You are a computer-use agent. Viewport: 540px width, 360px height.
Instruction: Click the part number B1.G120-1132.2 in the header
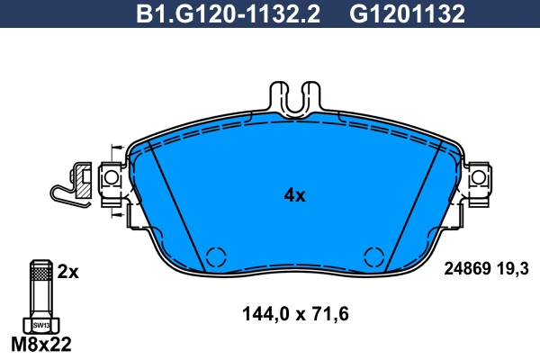[231, 14]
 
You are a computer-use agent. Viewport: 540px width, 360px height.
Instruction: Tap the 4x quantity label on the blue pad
[294, 195]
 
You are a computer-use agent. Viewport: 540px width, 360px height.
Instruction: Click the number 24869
[467, 267]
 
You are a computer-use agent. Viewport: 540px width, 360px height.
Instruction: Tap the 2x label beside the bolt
[68, 271]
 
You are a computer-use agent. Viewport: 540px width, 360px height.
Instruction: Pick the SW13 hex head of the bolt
[39, 325]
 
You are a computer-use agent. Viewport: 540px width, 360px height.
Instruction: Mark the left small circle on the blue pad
[215, 256]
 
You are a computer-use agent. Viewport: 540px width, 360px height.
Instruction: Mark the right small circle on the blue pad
[373, 256]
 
